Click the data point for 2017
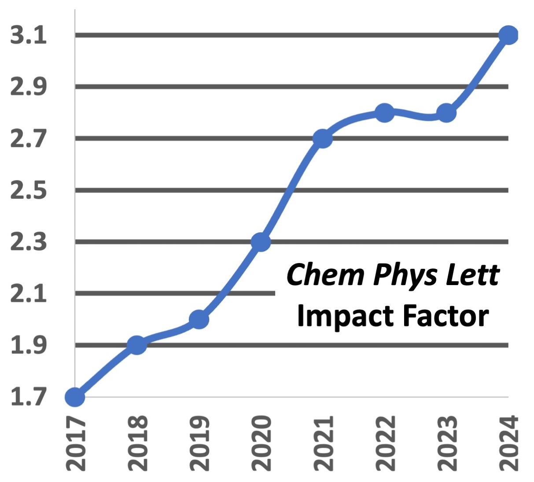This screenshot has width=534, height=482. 75,397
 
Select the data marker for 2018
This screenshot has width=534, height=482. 137,345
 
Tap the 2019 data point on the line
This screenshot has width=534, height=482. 199,319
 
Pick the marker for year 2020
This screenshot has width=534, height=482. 261,241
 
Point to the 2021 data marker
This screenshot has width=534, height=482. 323,138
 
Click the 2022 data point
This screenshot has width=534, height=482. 385,113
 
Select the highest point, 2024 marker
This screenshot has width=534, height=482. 508,35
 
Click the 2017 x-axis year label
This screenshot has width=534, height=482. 75,443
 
